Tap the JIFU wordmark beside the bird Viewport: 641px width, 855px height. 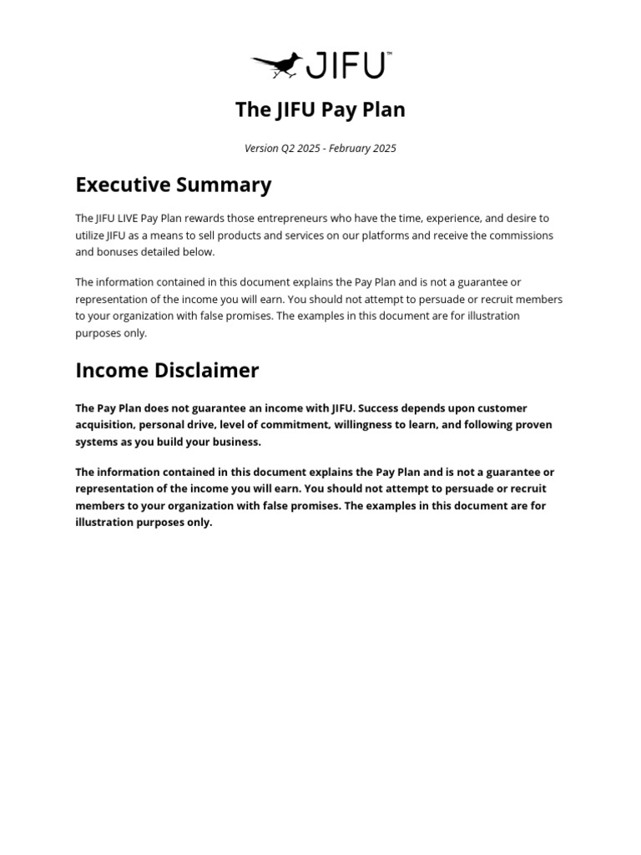[x=346, y=65]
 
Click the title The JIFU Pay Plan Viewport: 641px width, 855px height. [x=320, y=109]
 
